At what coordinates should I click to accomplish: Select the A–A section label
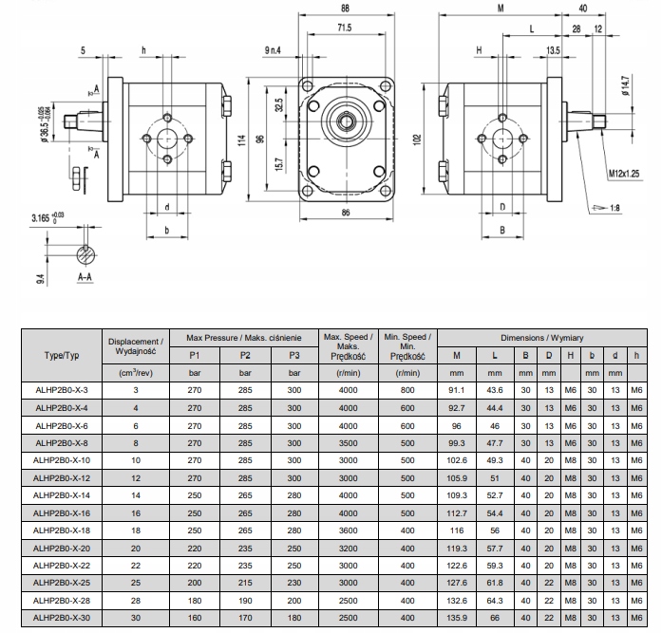click(85, 276)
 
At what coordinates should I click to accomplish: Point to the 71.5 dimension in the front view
click(344, 28)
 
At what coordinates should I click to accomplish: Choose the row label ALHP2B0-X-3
click(60, 390)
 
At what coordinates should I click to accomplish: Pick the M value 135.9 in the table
click(457, 620)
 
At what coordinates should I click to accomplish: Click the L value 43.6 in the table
click(495, 390)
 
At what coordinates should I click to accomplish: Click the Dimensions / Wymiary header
click(543, 337)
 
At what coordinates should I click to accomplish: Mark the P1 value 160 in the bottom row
click(195, 620)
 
